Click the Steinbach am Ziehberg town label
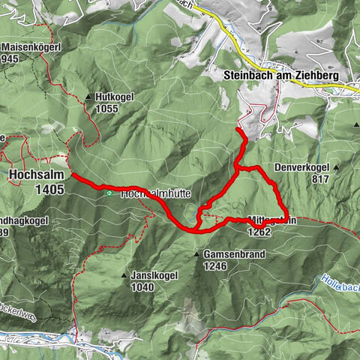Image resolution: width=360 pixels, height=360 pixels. pyautogui.click(x=281, y=76)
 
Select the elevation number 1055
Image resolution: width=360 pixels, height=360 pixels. pyautogui.click(x=107, y=109)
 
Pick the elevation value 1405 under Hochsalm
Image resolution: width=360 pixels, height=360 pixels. pyautogui.click(x=49, y=190)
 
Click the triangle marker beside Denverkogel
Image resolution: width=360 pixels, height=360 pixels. pyautogui.click(x=337, y=166)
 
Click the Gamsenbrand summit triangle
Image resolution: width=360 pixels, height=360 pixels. pyautogui.click(x=197, y=254)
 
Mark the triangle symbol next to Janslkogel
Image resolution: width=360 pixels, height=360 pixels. pyautogui.click(x=124, y=276)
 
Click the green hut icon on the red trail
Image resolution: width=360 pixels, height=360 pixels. pyautogui.click(x=109, y=193)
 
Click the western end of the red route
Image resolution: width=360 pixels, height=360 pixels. pyautogui.click(x=73, y=175)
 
